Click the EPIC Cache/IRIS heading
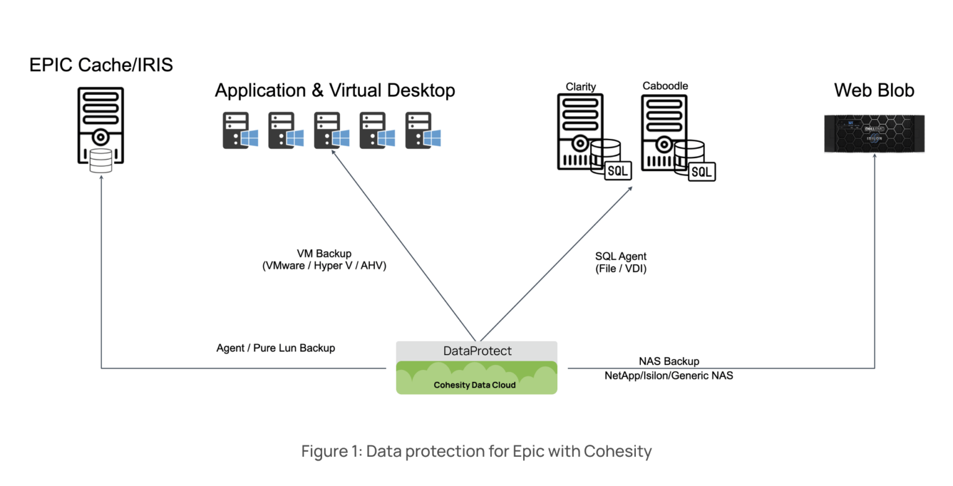(101, 64)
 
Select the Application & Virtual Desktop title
(335, 91)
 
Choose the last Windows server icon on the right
(423, 131)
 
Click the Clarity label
(581, 86)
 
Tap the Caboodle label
(665, 86)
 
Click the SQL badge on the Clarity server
(618, 170)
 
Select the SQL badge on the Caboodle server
(702, 172)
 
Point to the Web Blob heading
(874, 91)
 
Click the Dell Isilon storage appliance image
(874, 134)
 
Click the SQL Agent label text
(620, 256)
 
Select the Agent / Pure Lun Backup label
(275, 348)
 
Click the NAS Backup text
(669, 361)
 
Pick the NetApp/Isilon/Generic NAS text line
(669, 375)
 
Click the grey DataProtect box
(476, 351)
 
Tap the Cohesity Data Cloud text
(475, 385)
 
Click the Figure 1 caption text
(476, 451)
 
